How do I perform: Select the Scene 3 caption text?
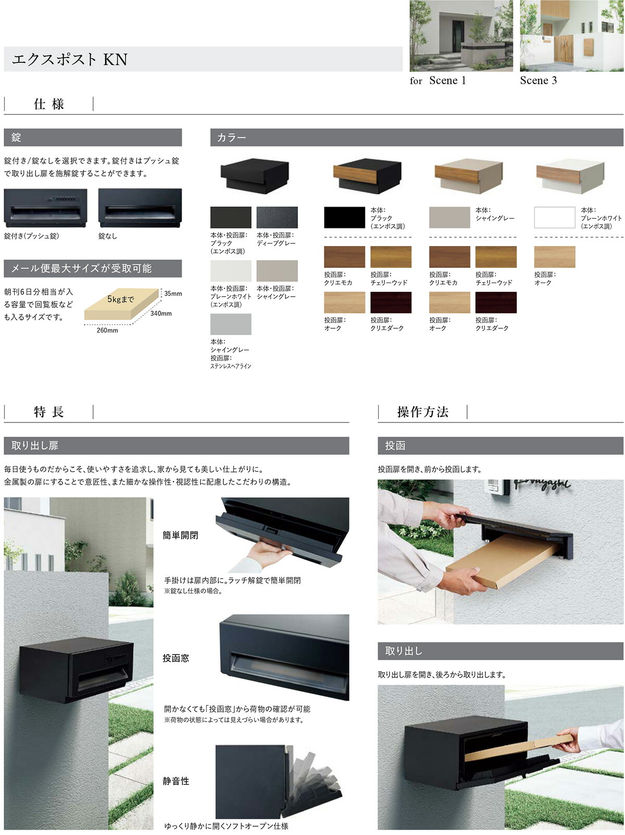click(538, 81)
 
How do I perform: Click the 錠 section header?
click(93, 137)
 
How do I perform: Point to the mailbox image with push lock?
click(45, 208)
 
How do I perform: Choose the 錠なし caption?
click(108, 236)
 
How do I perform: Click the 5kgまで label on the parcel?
click(120, 299)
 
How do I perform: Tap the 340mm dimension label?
click(161, 314)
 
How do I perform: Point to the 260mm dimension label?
click(107, 330)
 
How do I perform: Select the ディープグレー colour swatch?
click(277, 217)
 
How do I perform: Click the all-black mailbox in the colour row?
click(255, 175)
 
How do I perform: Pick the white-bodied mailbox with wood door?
click(570, 176)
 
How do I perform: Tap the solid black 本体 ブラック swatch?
click(344, 217)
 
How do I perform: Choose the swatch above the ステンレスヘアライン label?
click(231, 324)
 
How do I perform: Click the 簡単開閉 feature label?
click(180, 535)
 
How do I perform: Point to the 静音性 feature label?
click(176, 781)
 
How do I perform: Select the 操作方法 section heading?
click(422, 412)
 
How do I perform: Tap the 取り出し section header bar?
click(500, 651)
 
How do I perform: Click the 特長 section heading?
click(49, 412)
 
